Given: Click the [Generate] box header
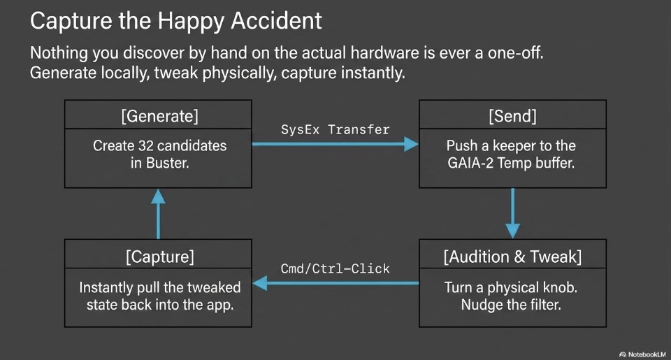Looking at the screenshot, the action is (x=159, y=117).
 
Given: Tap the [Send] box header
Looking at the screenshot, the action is (x=512, y=117).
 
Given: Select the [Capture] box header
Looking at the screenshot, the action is (x=159, y=257).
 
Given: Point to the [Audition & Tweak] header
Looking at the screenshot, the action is (x=512, y=257).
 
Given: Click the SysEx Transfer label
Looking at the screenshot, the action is (x=335, y=130).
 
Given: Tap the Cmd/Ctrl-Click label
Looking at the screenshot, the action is (x=335, y=269).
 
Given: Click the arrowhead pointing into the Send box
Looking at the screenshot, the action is (x=411, y=144).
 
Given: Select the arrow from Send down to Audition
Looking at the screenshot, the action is (x=512, y=213).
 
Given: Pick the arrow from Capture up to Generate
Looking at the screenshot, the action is (x=159, y=214).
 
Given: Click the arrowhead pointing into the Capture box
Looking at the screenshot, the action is (x=260, y=283).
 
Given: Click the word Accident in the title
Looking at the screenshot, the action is (x=276, y=21).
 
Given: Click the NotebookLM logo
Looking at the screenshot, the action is (x=642, y=354).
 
